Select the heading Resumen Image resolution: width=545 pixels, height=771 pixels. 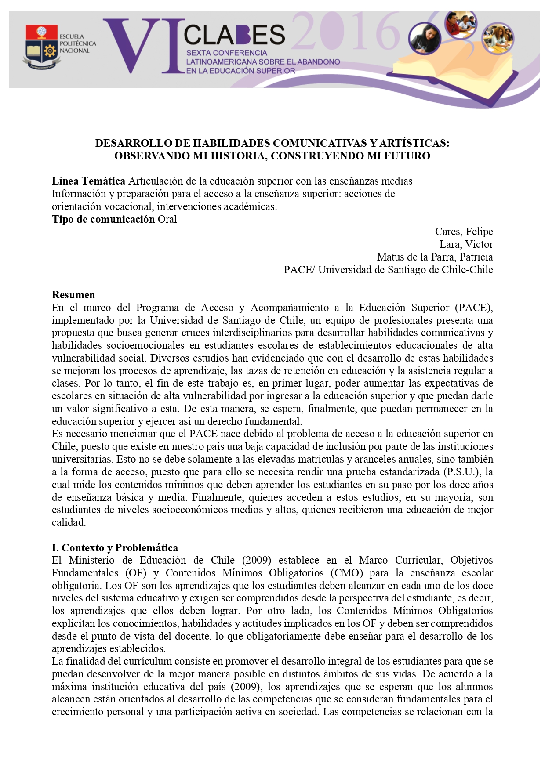point(73,295)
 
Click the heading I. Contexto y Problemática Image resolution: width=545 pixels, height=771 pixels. point(115,548)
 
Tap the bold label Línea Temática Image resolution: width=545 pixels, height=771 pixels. point(88,181)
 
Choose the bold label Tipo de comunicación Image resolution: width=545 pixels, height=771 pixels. point(103,219)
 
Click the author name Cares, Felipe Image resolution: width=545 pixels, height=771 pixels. point(464,232)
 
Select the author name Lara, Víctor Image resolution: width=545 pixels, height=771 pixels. point(466,244)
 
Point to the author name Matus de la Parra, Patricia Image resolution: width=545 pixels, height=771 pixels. point(435,257)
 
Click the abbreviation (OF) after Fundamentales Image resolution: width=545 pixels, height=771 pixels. point(136,573)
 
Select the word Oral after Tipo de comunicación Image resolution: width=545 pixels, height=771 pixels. point(167,219)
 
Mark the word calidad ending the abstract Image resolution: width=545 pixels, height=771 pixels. point(69,523)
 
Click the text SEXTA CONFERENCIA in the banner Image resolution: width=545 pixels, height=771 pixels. point(227,53)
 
